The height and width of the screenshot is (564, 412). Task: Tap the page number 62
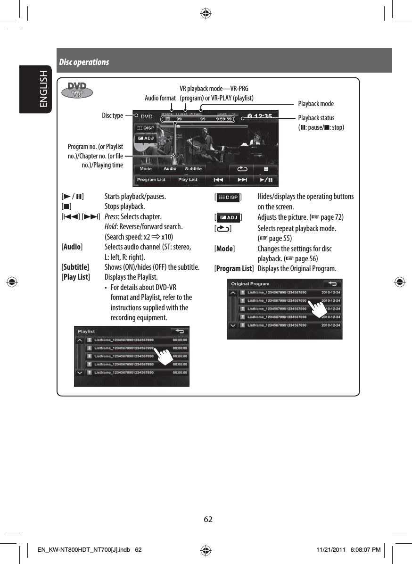pos(208,519)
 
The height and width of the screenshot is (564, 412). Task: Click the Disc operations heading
pos(84,62)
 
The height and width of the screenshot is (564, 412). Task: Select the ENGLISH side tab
pos(43,89)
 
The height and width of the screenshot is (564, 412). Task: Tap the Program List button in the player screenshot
pos(151,180)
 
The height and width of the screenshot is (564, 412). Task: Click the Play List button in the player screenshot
pos(188,180)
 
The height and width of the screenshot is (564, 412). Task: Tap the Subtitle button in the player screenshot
pos(193,168)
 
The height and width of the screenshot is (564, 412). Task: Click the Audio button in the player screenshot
pos(170,168)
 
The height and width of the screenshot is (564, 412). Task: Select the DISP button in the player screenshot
pos(146,128)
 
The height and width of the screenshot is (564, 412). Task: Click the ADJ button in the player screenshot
pos(146,138)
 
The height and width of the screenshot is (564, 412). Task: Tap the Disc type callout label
pos(112,116)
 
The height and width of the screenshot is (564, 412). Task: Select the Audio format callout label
pos(160,98)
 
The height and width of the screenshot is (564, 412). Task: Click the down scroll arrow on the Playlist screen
pos(80,372)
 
